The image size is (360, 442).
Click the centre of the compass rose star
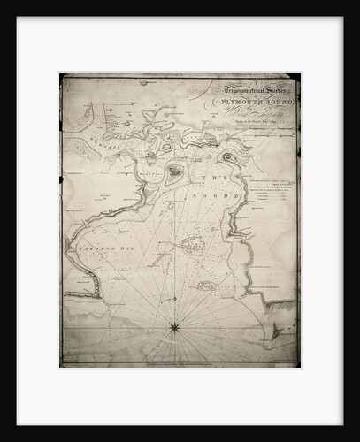pos(174,327)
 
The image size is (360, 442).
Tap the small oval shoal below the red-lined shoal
pos(206,286)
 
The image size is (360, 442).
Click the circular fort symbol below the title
pos(232,158)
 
